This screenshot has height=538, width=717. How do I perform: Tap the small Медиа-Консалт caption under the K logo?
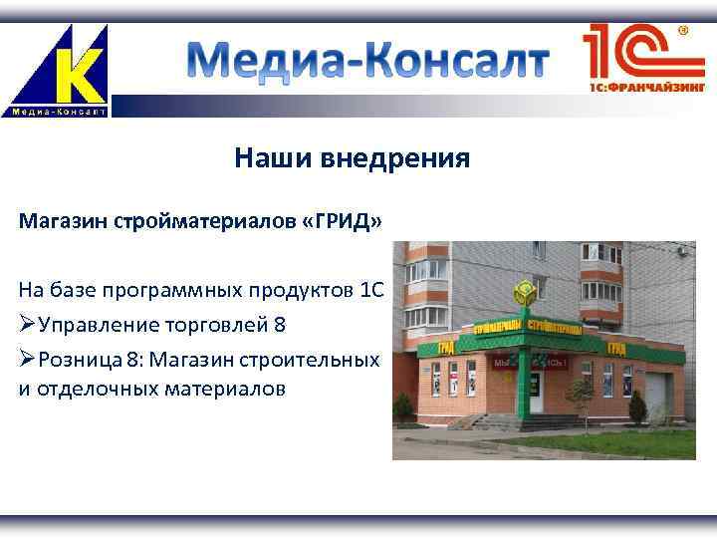59,112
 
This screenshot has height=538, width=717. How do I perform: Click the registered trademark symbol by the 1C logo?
685,31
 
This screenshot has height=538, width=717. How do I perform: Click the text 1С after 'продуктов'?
368,290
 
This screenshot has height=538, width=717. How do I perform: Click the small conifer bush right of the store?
636,407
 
